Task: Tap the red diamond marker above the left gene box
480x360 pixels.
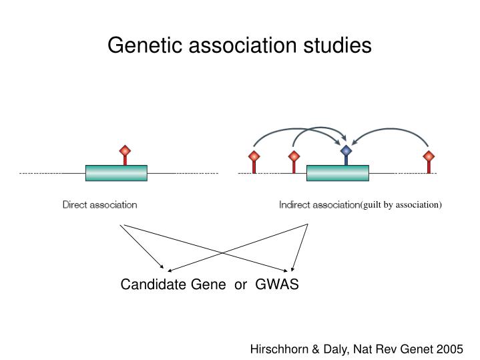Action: tap(124, 151)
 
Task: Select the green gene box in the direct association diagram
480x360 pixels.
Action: tap(116, 172)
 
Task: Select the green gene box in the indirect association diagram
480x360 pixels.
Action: tap(337, 172)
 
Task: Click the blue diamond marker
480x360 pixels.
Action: tap(346, 151)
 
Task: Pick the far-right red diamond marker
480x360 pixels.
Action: tap(429, 156)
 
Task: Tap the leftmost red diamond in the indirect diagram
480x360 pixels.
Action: tap(254, 156)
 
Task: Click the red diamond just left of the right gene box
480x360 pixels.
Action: tap(293, 156)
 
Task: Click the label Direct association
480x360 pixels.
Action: tap(100, 204)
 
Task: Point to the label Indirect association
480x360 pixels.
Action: tap(319, 204)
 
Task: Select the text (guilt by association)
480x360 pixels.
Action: tap(401, 204)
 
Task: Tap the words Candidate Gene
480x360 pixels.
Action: tap(164, 285)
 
